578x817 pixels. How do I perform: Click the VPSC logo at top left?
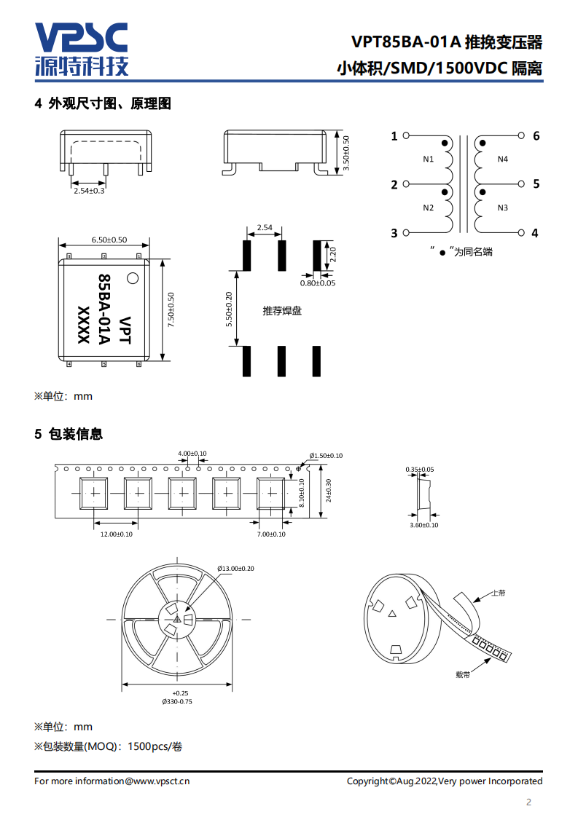82,49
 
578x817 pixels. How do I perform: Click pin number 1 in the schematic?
394,136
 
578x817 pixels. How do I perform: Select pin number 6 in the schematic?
536,136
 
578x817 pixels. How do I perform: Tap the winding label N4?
503,159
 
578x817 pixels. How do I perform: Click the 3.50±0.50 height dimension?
347,153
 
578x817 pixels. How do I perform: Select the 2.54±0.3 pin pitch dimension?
89,191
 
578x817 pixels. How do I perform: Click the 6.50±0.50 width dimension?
109,240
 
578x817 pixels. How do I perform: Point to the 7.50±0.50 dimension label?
171,310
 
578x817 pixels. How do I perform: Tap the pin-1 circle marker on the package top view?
133,277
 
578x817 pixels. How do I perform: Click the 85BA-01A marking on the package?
104,310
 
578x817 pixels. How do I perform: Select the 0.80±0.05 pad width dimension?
318,283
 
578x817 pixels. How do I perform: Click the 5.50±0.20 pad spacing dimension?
228,309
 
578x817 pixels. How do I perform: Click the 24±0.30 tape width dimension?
329,492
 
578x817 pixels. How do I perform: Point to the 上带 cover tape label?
499,593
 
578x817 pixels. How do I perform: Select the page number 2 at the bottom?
529,803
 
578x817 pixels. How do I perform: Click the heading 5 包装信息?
69,434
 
